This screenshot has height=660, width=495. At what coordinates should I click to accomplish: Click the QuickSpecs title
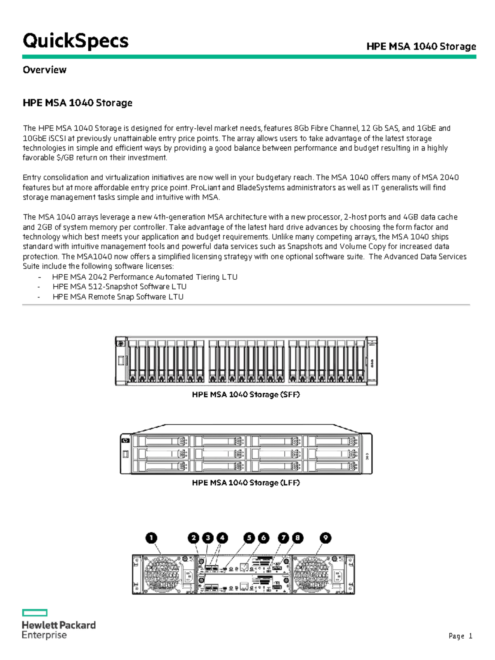coord(75,41)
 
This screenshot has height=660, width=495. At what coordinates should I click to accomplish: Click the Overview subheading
coord(45,70)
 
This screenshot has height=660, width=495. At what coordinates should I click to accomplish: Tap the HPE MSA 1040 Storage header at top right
coord(421,46)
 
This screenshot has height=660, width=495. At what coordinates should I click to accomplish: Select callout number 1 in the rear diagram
coord(151,538)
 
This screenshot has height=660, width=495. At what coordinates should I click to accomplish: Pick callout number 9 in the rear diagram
coord(325,538)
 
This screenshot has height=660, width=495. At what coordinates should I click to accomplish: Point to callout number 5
coord(249,538)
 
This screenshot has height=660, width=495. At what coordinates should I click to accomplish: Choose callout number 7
coord(283,538)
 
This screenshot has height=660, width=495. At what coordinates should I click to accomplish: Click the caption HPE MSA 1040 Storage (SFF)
coord(246,394)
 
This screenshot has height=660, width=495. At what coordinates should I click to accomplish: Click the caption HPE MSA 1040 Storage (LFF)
coord(246,483)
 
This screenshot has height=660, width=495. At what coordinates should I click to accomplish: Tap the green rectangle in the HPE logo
coord(35,613)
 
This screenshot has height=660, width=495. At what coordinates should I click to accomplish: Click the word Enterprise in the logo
coord(44,635)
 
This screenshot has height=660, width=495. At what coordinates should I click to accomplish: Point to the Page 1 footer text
coord(460,636)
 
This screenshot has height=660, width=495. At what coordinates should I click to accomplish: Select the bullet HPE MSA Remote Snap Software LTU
coord(118,297)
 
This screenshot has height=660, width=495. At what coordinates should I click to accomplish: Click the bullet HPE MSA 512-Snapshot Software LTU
coord(120,287)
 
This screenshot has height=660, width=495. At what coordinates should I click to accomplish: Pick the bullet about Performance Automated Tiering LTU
coord(145,277)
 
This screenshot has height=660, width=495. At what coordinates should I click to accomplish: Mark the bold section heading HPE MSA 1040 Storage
coord(78,103)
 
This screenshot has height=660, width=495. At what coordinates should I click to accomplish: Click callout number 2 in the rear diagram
coord(193,538)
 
